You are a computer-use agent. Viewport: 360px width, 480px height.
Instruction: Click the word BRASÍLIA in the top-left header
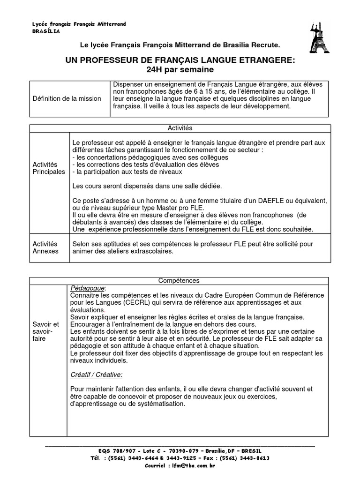[x=46, y=32]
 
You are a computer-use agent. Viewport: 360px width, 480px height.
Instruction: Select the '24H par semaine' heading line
[x=180, y=69]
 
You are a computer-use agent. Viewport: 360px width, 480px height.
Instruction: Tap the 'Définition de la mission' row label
[x=67, y=98]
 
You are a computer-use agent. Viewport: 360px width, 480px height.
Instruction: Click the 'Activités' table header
[x=180, y=128]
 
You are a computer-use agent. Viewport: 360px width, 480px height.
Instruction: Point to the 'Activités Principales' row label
[x=49, y=168]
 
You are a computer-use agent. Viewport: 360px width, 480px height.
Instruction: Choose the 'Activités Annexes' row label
[x=45, y=247]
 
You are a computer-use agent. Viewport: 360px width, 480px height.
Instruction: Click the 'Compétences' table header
[x=180, y=280]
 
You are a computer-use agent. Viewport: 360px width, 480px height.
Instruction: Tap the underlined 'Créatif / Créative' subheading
[x=96, y=375]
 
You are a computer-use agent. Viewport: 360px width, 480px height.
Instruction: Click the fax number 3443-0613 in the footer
[x=255, y=458]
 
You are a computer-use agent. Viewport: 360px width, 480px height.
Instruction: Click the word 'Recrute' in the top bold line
[x=265, y=45]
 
